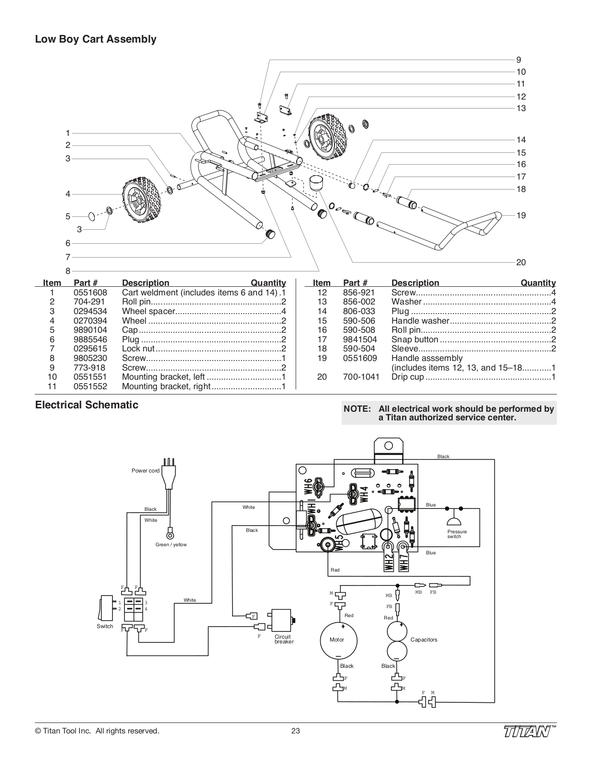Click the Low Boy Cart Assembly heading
(x=95, y=39)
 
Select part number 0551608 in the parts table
(x=90, y=293)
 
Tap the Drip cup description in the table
(x=408, y=377)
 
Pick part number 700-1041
(x=361, y=377)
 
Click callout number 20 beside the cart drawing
(x=521, y=262)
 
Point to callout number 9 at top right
(x=519, y=60)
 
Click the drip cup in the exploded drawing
(x=315, y=183)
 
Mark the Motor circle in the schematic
(x=338, y=640)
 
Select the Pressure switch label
(x=457, y=534)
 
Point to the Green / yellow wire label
(x=171, y=545)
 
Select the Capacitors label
(x=424, y=640)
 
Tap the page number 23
(x=295, y=731)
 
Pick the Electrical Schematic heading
(x=87, y=405)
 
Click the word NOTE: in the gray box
(x=357, y=409)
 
